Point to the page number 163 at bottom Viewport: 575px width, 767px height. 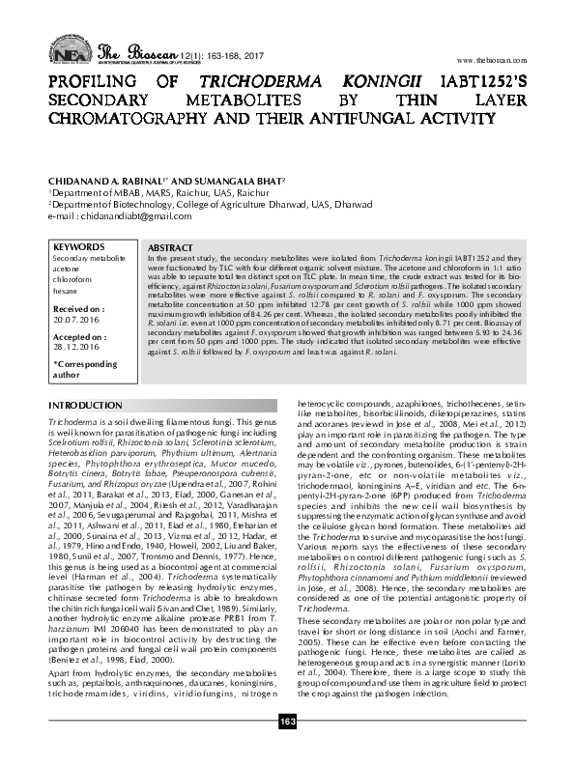click(287, 750)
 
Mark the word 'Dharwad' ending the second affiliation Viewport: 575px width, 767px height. click(350, 204)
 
